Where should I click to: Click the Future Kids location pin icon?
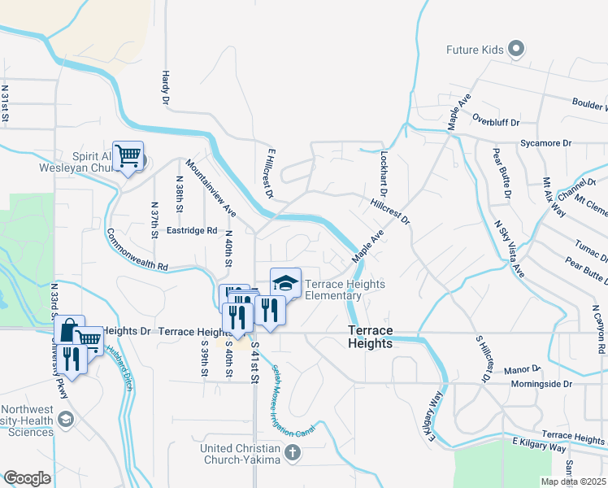pyautogui.click(x=515, y=50)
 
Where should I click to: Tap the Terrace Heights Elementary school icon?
pyautogui.click(x=285, y=282)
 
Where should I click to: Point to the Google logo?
pyautogui.click(x=27, y=478)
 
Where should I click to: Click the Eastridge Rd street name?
pyautogui.click(x=191, y=230)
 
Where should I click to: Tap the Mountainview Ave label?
pyautogui.click(x=211, y=188)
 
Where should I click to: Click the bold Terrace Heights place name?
pyautogui.click(x=371, y=337)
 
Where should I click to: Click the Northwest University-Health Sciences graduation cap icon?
pyautogui.click(x=66, y=420)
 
